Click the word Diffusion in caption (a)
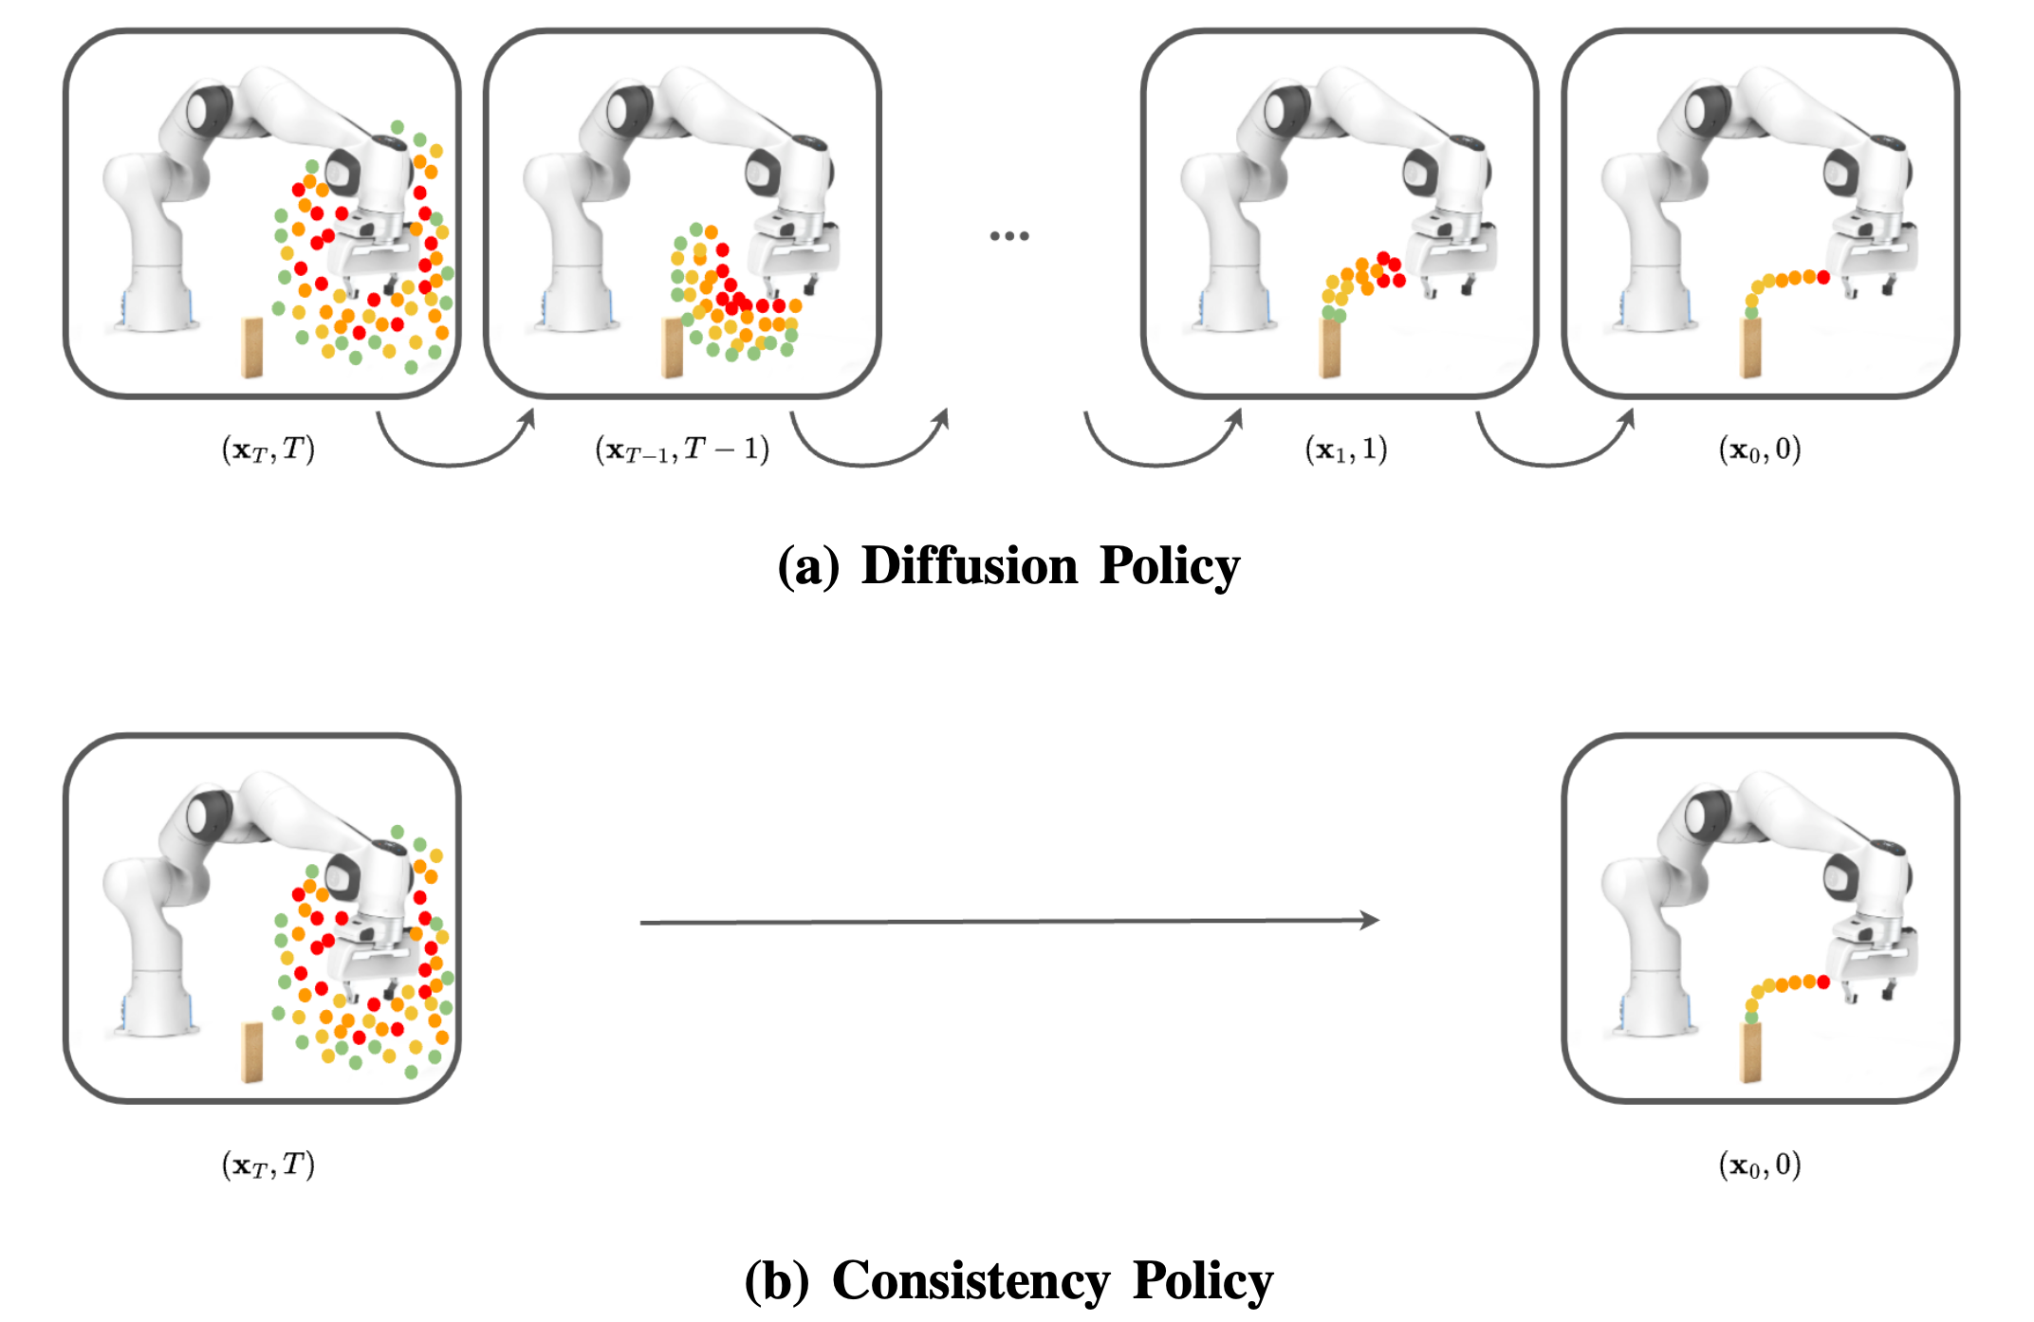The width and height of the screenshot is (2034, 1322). tap(969, 566)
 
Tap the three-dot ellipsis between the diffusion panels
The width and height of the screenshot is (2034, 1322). tap(1008, 235)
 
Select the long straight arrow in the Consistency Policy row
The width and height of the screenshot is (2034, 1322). tap(1008, 921)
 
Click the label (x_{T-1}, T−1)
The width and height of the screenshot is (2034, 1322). tap(681, 449)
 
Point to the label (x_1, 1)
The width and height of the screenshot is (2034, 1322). tap(1345, 449)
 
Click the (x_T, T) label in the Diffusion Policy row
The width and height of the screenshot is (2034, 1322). tap(268, 449)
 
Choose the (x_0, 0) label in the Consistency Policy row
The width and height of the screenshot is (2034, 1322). tap(1760, 1164)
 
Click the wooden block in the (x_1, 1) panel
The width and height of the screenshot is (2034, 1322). tap(1330, 348)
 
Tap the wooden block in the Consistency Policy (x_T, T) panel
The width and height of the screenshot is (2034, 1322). tap(251, 1052)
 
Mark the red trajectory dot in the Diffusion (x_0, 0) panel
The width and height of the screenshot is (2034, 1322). tap(1822, 277)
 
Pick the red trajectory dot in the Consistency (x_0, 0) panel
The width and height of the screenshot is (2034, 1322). tap(1822, 982)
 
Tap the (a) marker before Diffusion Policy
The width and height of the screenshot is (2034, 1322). tap(807, 566)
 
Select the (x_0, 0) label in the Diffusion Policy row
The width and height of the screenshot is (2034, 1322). tap(1760, 449)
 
